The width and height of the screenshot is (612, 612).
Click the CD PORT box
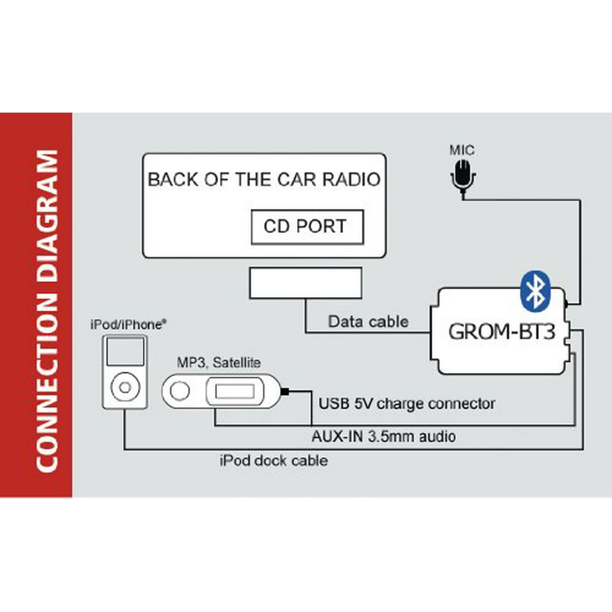click(307, 227)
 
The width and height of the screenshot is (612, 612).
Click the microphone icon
click(463, 178)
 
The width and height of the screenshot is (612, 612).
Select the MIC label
click(462, 150)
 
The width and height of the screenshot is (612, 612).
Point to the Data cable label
click(368, 322)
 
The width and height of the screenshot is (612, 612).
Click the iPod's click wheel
click(125, 387)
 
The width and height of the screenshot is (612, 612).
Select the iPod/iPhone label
click(128, 325)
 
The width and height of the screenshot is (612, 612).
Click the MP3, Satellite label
click(218, 363)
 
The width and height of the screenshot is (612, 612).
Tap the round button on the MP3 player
click(180, 391)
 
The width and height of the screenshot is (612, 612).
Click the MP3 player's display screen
click(234, 392)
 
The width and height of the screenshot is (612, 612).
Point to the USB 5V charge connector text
click(407, 404)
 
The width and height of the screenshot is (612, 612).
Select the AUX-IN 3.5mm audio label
click(384, 437)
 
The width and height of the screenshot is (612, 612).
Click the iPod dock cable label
click(274, 461)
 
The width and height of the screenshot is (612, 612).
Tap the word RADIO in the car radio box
click(351, 180)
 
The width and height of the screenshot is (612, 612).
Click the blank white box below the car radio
click(306, 283)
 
